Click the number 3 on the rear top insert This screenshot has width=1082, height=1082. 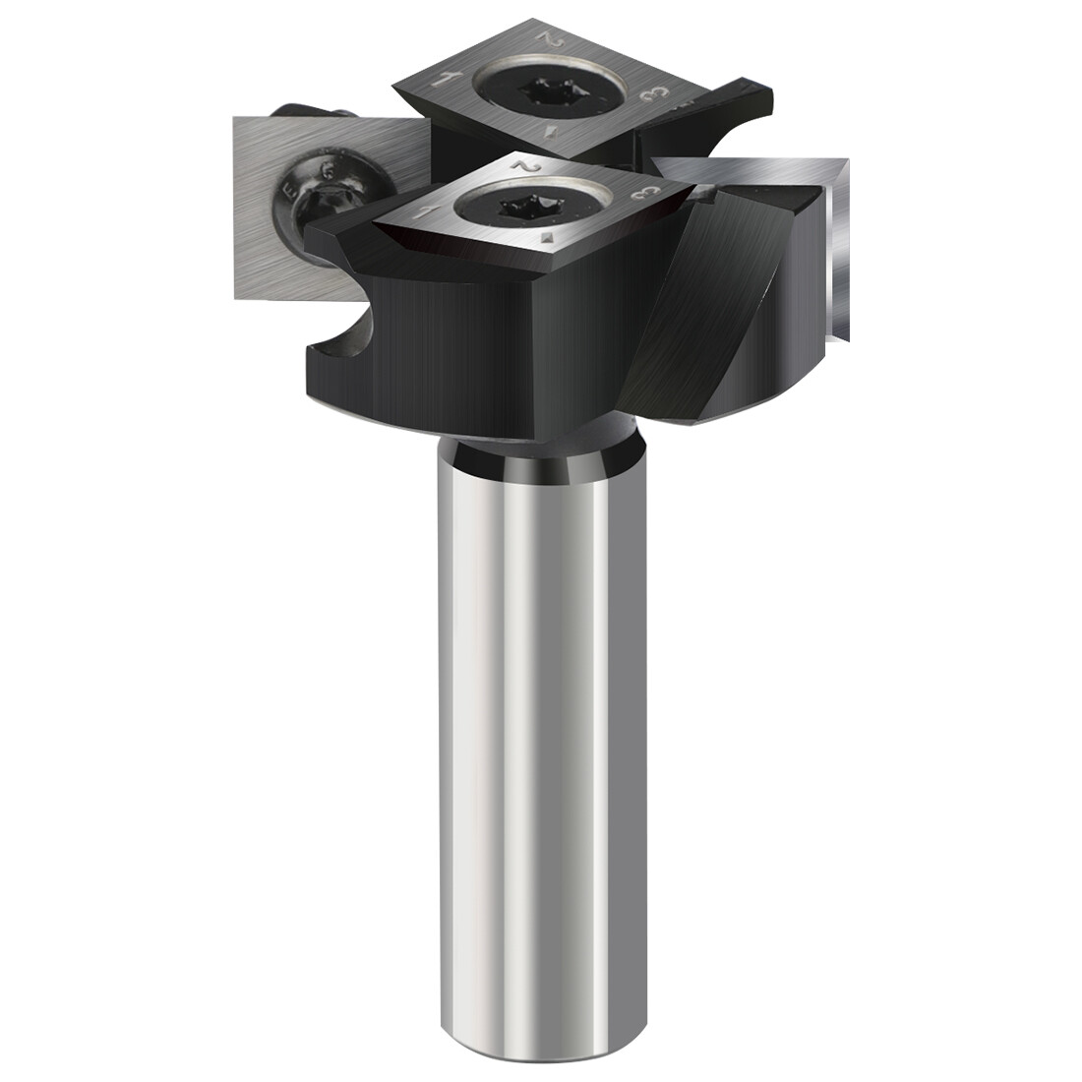(x=648, y=94)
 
